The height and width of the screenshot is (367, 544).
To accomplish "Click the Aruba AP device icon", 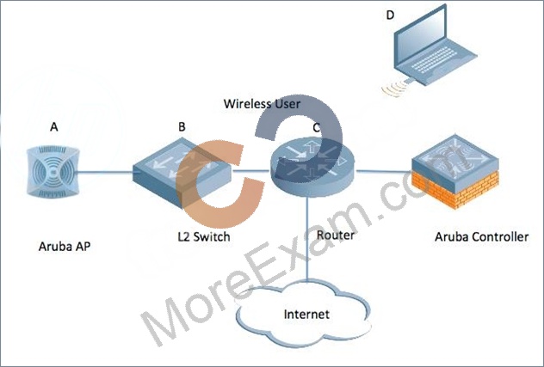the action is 53,172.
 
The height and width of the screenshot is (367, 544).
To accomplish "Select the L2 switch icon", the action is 182,172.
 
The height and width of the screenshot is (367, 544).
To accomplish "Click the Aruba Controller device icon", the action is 455,172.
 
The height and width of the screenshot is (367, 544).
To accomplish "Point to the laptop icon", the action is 435,46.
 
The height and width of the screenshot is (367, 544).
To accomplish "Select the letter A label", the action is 53,127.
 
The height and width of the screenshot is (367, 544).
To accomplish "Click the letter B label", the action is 182,127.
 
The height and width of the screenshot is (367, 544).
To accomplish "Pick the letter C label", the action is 317,127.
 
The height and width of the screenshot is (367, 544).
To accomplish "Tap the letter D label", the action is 390,15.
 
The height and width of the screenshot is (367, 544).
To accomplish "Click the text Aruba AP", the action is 65,247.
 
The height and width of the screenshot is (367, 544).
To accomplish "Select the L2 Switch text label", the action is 204,236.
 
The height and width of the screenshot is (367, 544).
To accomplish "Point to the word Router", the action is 336,235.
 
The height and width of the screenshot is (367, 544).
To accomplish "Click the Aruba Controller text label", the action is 481,237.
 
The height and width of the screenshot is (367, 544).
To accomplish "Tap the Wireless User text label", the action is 262,104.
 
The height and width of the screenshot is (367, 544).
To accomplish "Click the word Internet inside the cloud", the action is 306,315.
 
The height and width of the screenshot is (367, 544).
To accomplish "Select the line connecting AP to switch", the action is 106,172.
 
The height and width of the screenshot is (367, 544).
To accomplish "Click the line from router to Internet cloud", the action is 307,238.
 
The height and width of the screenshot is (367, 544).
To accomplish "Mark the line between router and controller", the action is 384,171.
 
